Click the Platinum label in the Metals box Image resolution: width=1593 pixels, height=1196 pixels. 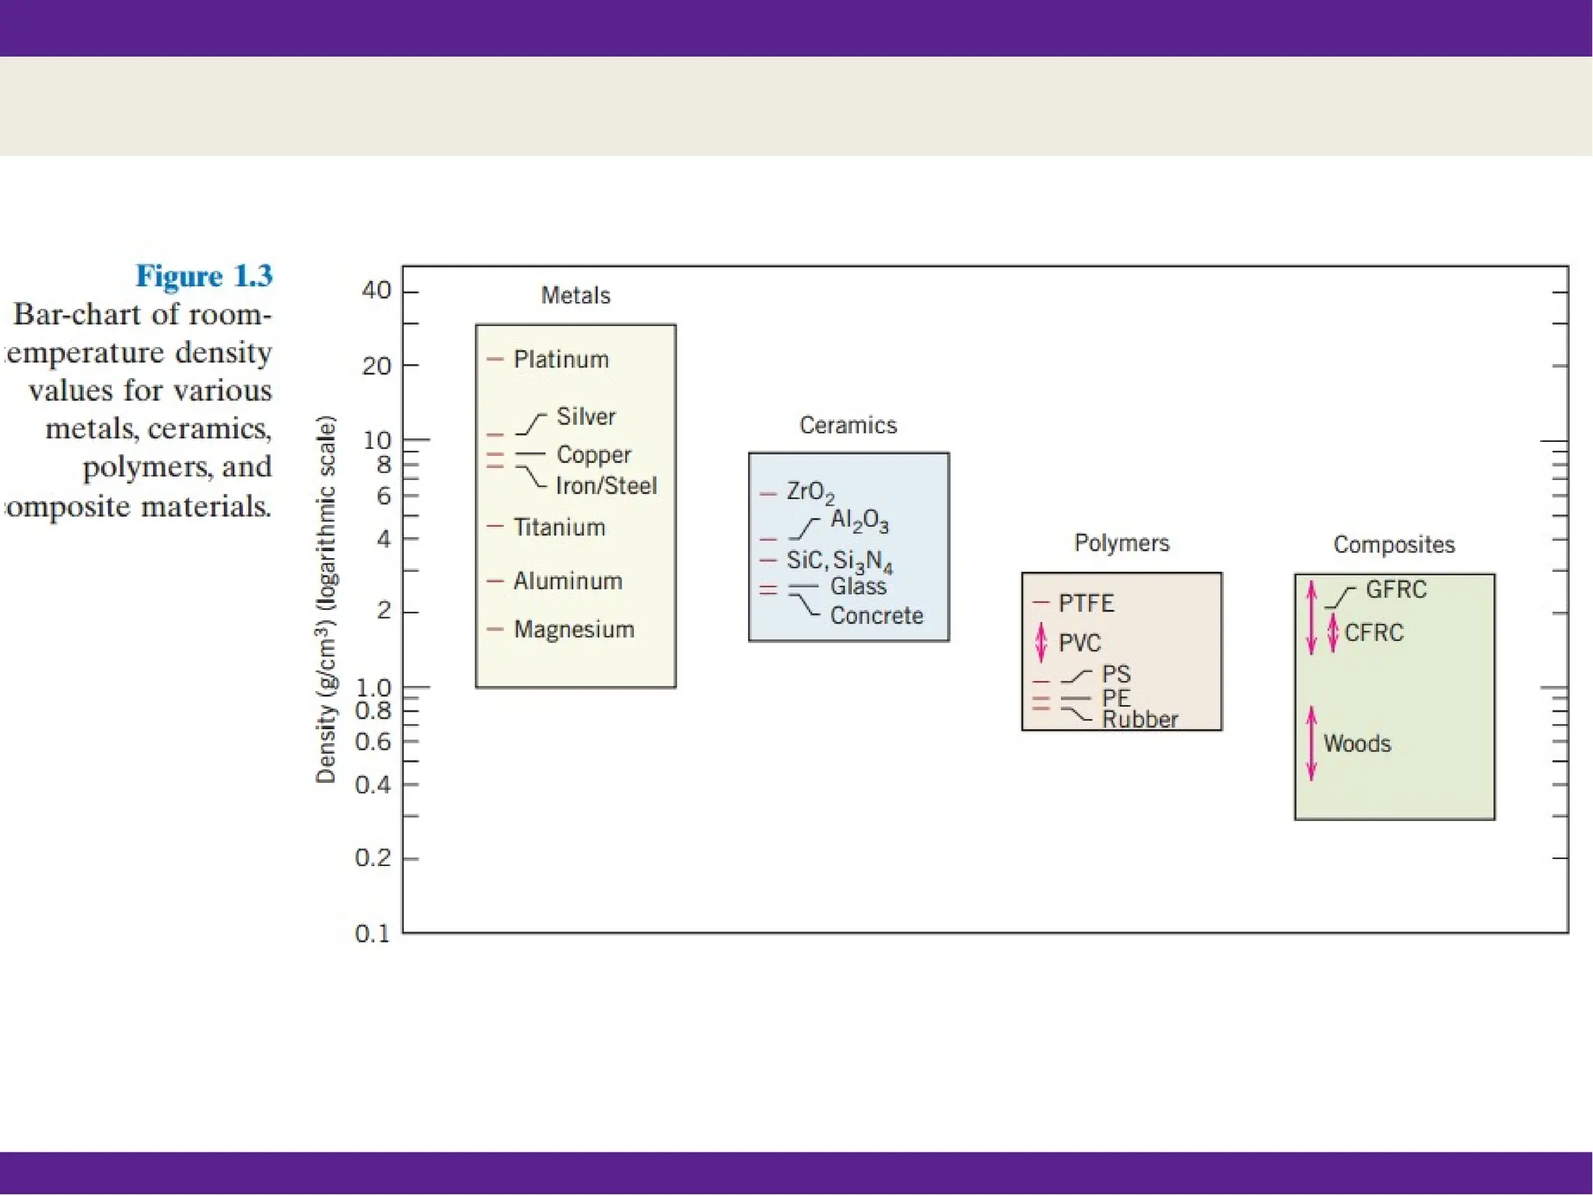click(561, 360)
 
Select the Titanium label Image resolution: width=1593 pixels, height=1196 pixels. click(559, 528)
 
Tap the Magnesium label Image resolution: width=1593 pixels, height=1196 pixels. click(574, 630)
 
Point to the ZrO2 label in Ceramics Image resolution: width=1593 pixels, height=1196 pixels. click(810, 493)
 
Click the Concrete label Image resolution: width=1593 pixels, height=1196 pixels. click(877, 616)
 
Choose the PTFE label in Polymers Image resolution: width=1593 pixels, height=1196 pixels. click(1086, 603)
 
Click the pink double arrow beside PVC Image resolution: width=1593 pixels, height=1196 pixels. click(1042, 643)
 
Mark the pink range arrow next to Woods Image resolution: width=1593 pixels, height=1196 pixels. click(1311, 743)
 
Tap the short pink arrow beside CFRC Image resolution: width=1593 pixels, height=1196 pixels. click(1332, 633)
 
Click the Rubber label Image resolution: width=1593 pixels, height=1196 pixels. click(1140, 720)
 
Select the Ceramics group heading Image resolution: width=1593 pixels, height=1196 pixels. click(848, 426)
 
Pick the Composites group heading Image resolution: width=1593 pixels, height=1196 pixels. click(1394, 545)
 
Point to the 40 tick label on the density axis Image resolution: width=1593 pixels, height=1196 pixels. click(376, 290)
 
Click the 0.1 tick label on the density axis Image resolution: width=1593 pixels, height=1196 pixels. click(372, 934)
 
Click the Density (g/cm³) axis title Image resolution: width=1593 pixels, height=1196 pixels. click(326, 599)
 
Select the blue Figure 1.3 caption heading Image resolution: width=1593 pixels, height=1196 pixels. click(204, 276)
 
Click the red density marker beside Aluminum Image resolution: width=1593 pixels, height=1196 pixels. click(495, 581)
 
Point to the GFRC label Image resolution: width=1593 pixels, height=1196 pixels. click(1396, 590)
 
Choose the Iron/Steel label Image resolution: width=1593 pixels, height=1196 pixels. click(606, 486)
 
